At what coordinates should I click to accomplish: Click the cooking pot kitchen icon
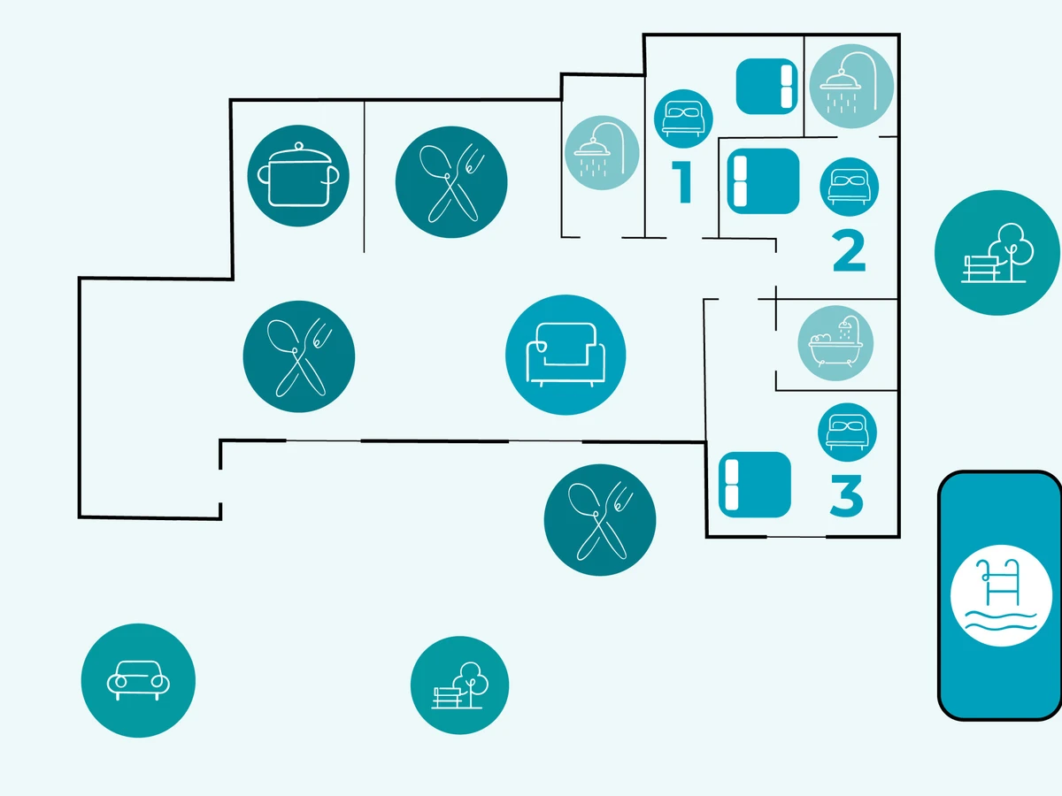298,175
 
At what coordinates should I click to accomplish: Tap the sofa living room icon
566,355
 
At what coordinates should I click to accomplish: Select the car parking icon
138,680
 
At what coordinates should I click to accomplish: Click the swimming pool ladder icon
1000,594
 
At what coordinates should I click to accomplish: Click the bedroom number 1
681,181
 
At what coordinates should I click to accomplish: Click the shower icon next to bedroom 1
602,152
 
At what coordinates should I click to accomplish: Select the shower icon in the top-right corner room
851,87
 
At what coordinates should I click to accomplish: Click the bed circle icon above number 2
848,187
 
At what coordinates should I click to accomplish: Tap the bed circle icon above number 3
847,432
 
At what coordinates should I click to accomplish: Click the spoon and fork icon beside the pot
451,181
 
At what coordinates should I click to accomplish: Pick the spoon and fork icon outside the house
600,520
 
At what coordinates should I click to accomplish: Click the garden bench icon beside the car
459,685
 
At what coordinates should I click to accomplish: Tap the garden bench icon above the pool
997,253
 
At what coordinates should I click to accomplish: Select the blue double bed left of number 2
763,181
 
